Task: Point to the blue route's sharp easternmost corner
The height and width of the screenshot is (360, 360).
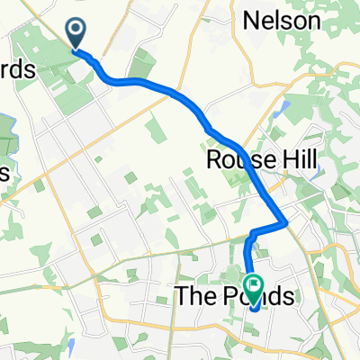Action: (285, 220)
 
